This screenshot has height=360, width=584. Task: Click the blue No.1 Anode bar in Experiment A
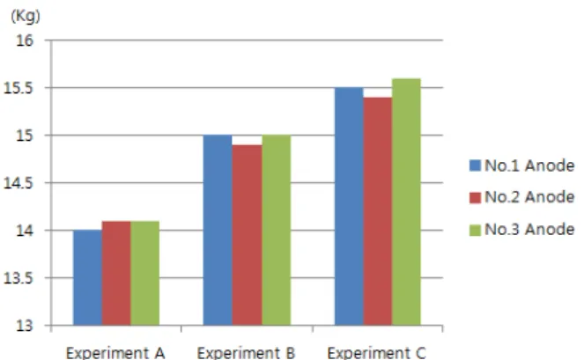coord(87,278)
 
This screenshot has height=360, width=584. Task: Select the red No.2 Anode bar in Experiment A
coord(116,273)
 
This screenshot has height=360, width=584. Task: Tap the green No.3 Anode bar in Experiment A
coord(144,273)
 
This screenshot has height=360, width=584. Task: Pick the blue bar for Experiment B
coord(218,230)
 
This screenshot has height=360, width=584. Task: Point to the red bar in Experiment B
coord(247,235)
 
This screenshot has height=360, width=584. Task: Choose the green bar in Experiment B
coord(277,230)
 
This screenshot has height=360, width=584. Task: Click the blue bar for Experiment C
coord(349,206)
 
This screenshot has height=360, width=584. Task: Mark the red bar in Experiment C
coord(378,211)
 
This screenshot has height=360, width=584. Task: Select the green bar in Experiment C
coord(406,202)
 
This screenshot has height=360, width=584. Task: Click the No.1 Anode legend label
coord(529,165)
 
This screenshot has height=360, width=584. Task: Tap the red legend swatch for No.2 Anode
coord(476,197)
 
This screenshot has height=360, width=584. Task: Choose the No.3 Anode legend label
coord(529,229)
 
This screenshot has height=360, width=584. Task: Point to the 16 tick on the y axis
coord(25,40)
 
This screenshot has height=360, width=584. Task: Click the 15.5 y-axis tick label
coord(18,88)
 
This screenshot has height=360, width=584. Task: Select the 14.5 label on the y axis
coord(18,183)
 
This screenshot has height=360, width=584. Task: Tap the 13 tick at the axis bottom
coord(25,326)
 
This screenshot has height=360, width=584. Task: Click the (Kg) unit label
coord(26,17)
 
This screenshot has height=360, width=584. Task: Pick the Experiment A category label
coord(115,353)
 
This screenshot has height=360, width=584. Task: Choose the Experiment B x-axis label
coord(246,353)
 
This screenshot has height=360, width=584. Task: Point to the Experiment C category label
coord(376,353)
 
